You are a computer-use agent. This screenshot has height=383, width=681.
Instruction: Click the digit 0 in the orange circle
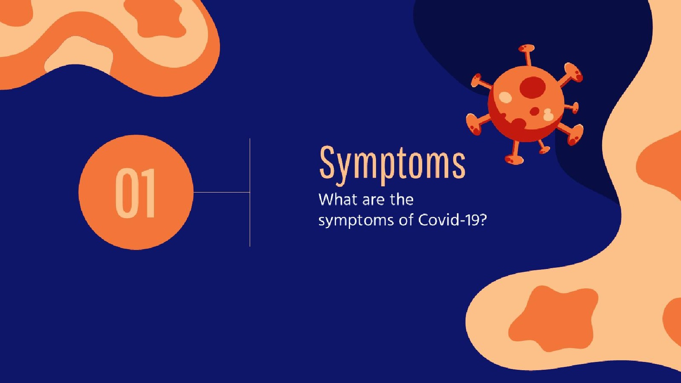click(125, 193)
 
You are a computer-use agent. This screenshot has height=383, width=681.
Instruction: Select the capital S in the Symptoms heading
click(329, 162)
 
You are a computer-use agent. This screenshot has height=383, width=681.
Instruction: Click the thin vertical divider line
click(250, 192)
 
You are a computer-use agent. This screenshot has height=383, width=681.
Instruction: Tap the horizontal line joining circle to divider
click(221, 192)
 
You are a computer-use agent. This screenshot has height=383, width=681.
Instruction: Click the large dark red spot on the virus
click(532, 87)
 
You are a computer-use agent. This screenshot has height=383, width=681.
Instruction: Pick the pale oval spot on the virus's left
click(505, 97)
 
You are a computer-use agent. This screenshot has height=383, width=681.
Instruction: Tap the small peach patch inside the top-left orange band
click(80, 54)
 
